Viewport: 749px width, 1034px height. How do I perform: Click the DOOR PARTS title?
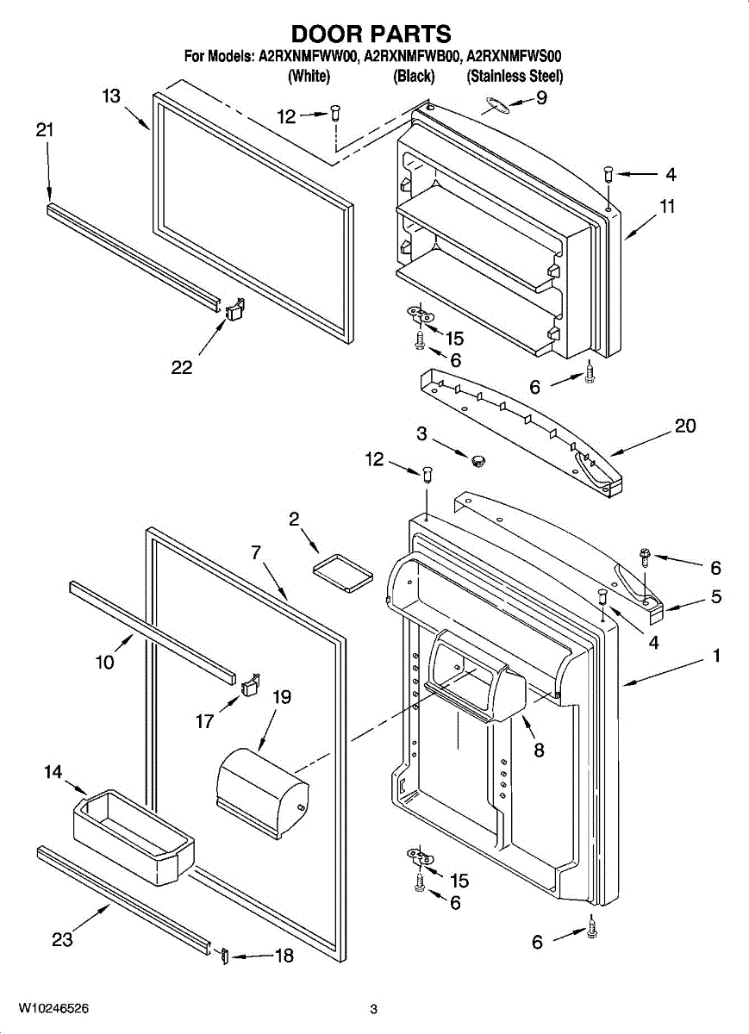(371, 34)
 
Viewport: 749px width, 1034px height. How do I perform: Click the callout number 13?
(111, 97)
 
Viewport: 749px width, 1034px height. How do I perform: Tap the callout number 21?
(45, 130)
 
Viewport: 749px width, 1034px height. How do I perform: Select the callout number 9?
(541, 98)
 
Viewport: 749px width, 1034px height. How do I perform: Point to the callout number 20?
(685, 427)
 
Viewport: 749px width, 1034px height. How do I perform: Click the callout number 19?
(282, 697)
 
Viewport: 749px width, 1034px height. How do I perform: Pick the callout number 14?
(53, 772)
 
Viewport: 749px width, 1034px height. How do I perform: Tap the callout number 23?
(62, 939)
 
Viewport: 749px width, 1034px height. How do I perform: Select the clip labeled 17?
(251, 685)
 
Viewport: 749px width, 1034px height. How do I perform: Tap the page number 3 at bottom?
(373, 1009)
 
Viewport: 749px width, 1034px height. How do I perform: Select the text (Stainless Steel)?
(515, 77)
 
